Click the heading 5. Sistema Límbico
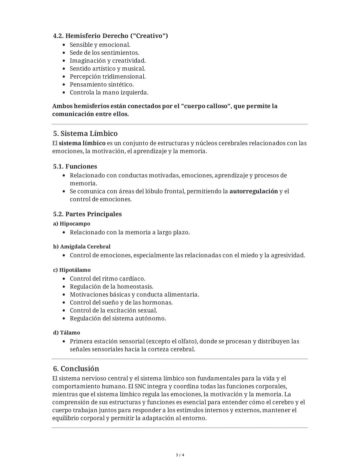pyautogui.click(x=85, y=133)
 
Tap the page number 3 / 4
pyautogui.click(x=180, y=455)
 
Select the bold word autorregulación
pyautogui.click(x=253, y=191)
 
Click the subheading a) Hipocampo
pyautogui.click(x=72, y=223)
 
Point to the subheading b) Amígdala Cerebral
pyautogui.click(x=82, y=247)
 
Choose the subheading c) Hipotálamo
pyautogui.click(x=72, y=270)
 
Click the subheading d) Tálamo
pyautogui.click(x=67, y=333)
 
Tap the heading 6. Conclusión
pyautogui.click(x=76, y=369)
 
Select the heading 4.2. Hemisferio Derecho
pyautogui.click(x=110, y=36)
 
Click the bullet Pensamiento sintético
pyautogui.click(x=102, y=84)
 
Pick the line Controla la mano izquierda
pyautogui.click(x=109, y=92)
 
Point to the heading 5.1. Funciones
pyautogui.click(x=75, y=166)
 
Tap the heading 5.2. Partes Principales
pyautogui.click(x=87, y=214)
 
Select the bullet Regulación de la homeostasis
pyautogui.click(x=111, y=287)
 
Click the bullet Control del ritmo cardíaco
pyautogui.click(x=107, y=279)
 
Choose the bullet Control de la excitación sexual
pyautogui.click(x=113, y=310)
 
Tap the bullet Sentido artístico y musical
pyautogui.click(x=107, y=69)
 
